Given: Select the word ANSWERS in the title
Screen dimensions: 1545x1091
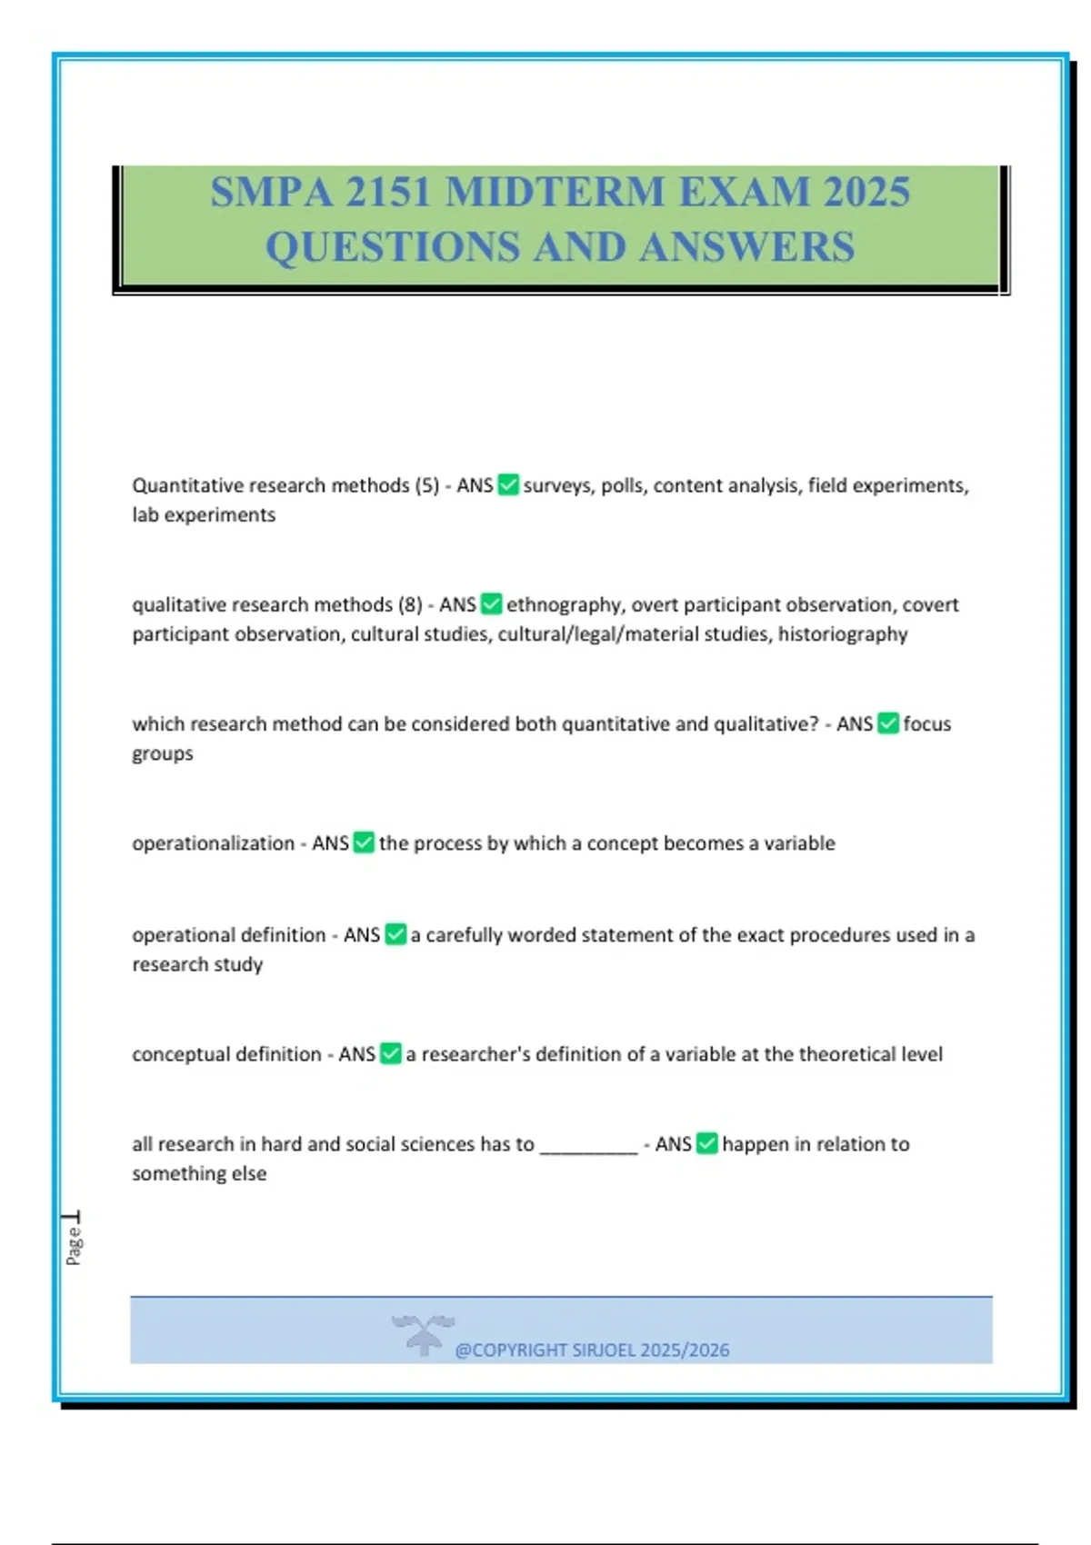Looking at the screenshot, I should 747,247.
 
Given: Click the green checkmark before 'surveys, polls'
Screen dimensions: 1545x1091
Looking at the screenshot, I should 509,485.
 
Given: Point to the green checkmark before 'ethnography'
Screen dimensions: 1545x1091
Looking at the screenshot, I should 492,604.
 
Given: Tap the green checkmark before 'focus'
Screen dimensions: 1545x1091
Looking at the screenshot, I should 888,723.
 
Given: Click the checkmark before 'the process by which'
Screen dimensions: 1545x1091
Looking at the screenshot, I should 364,842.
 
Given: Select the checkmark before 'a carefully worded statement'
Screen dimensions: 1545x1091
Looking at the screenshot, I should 395,934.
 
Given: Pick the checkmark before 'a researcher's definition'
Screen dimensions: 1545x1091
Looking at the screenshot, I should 391,1053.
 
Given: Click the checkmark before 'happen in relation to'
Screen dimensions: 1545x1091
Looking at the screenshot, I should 707,1143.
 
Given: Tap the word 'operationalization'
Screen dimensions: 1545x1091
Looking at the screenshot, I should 213,843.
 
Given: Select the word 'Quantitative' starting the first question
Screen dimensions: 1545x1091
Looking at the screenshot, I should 187,485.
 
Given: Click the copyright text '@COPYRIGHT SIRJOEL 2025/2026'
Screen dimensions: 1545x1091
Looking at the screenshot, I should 592,1351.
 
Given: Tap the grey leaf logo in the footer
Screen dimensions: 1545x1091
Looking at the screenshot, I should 423,1334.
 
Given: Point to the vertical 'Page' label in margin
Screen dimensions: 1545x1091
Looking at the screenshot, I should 74,1244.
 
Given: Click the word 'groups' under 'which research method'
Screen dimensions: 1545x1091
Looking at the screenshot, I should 163,754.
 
